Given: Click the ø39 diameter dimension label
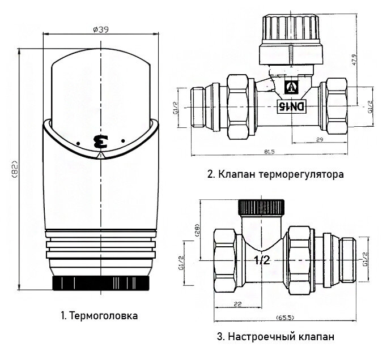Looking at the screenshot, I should [100, 29].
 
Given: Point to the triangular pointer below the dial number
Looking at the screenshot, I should [101, 153].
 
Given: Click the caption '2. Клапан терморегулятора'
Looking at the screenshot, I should [275, 174].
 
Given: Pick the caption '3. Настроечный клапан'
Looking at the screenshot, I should [275, 337].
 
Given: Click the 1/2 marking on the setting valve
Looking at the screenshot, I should [262, 260].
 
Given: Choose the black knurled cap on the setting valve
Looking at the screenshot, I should [261, 207].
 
